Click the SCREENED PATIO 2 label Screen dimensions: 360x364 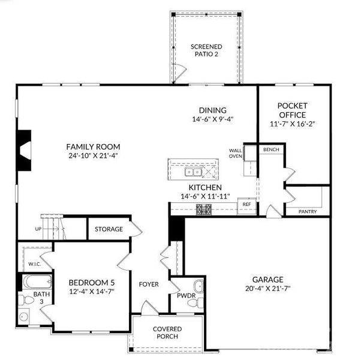pyautogui.click(x=206, y=50)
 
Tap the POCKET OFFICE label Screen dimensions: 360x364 pyautogui.click(x=292, y=110)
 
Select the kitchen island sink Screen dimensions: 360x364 pyautogui.click(x=192, y=172)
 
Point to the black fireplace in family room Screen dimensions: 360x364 pyautogui.click(x=25, y=151)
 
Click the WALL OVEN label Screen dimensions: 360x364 pyautogui.click(x=235, y=154)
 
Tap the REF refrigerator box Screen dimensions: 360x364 pyautogui.click(x=246, y=205)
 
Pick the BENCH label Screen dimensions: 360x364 pyautogui.click(x=271, y=149)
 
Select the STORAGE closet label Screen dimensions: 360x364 pyautogui.click(x=109, y=229)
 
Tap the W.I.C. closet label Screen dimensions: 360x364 pyautogui.click(x=34, y=264)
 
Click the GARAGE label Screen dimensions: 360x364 pyautogui.click(x=267, y=279)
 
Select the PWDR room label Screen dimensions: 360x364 pyautogui.click(x=182, y=295)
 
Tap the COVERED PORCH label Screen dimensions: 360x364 pyautogui.click(x=167, y=333)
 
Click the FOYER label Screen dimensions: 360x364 pyautogui.click(x=149, y=284)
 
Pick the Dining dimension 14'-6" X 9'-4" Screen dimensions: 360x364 pyautogui.click(x=213, y=119)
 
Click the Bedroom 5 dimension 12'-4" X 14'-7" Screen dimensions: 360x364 pyautogui.click(x=91, y=292)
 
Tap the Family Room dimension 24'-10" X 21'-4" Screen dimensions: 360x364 pyautogui.click(x=93, y=156)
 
